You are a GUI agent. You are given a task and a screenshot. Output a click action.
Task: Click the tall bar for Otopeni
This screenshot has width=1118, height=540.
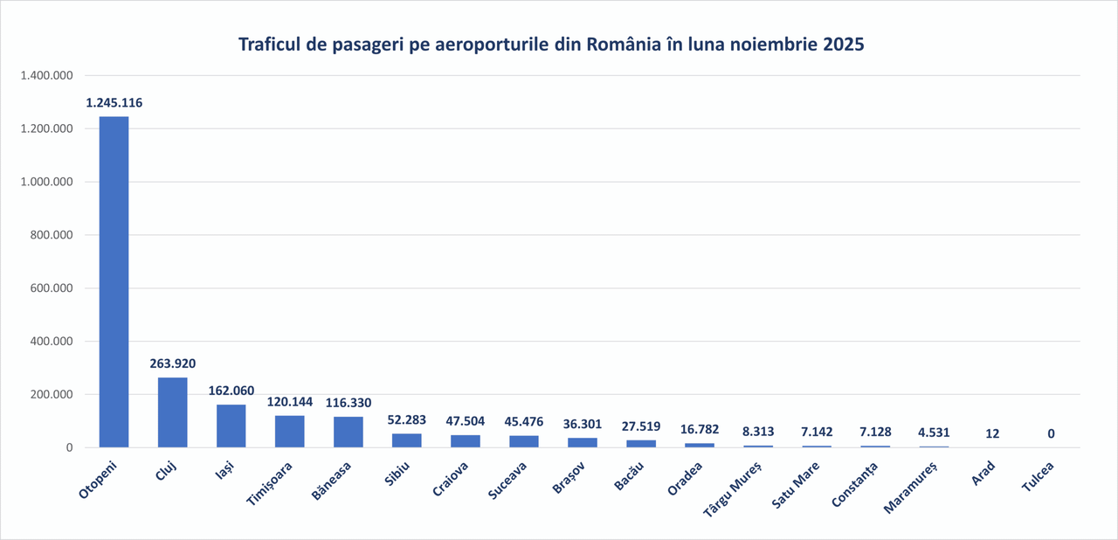pyautogui.click(x=114, y=281)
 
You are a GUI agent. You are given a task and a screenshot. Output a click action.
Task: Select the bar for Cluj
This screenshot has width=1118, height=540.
pyautogui.click(x=172, y=412)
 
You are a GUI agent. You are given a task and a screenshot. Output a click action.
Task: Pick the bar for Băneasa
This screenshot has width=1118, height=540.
pyautogui.click(x=348, y=432)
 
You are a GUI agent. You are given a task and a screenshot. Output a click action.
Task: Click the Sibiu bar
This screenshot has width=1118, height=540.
pyautogui.click(x=406, y=440)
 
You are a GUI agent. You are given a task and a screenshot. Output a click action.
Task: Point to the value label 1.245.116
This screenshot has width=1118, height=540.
pyautogui.click(x=114, y=103)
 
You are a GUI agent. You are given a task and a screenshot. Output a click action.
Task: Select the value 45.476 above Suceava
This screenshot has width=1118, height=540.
pyautogui.click(x=523, y=422)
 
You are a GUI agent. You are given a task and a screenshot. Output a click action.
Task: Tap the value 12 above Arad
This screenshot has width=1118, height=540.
pyautogui.click(x=992, y=433)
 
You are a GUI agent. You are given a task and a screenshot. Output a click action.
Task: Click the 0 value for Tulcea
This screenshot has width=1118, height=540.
pyautogui.click(x=1051, y=433)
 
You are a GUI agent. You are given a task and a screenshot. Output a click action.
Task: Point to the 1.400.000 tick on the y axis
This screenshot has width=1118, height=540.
pyautogui.click(x=46, y=76)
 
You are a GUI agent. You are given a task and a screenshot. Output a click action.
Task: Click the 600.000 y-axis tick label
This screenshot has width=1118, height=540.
pyautogui.click(x=50, y=288)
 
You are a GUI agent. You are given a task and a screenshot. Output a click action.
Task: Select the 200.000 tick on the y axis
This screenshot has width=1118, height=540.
pyautogui.click(x=50, y=395)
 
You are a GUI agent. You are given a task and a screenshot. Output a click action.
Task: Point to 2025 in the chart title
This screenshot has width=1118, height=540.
pyautogui.click(x=842, y=45)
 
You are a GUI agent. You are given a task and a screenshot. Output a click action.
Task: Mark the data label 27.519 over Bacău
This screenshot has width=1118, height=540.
pyautogui.click(x=641, y=427)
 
